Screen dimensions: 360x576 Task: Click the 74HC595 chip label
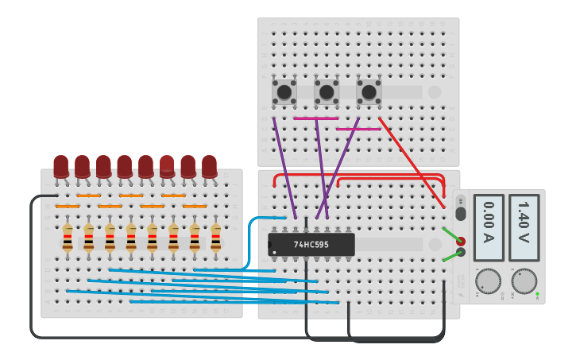click(x=311, y=245)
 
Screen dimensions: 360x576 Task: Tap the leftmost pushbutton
click(x=284, y=91)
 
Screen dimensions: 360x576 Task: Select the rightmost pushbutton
click(x=369, y=91)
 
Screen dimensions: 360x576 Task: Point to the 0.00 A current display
click(x=488, y=227)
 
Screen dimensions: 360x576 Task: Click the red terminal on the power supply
click(x=460, y=240)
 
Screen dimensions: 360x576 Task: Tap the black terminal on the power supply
click(x=460, y=252)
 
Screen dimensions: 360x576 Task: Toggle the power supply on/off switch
click(x=460, y=212)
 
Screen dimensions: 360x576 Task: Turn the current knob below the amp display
click(x=488, y=281)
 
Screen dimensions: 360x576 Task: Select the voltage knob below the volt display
click(x=524, y=281)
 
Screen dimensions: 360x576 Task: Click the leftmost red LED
click(x=61, y=166)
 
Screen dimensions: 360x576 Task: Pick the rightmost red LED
click(x=209, y=166)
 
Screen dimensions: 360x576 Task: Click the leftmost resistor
click(x=68, y=238)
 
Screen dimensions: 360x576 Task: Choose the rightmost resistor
click(x=215, y=238)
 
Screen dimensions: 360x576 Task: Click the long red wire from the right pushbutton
click(x=411, y=162)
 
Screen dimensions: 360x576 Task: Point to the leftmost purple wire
click(x=284, y=167)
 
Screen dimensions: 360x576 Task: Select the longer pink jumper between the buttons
click(x=315, y=118)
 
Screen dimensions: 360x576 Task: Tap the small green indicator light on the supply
click(x=537, y=295)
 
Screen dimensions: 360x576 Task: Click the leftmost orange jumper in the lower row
click(x=67, y=207)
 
